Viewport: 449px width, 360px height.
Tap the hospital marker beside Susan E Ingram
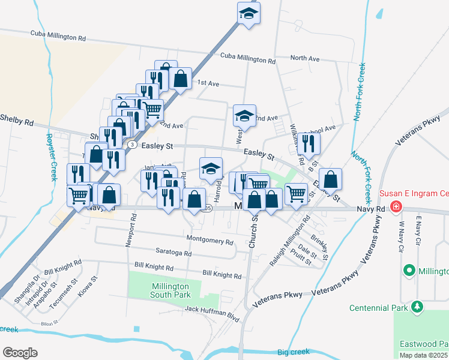[396, 208]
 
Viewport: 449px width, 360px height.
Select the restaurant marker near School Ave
[309, 143]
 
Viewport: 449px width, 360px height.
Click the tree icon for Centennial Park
[417, 308]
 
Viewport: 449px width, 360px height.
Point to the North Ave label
[305, 58]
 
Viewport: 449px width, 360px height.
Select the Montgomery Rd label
[209, 241]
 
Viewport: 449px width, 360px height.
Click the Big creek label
[294, 352]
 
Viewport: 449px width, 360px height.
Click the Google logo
[20, 352]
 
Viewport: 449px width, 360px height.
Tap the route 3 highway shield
[131, 145]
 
